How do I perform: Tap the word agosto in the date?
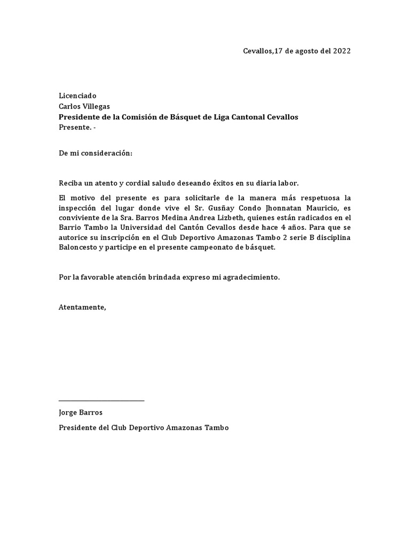click(x=305, y=51)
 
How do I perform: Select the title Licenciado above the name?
click(x=78, y=96)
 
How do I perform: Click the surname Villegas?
click(x=96, y=106)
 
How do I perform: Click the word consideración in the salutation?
click(x=105, y=153)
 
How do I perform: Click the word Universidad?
click(x=133, y=228)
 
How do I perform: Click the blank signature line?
click(x=101, y=400)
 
